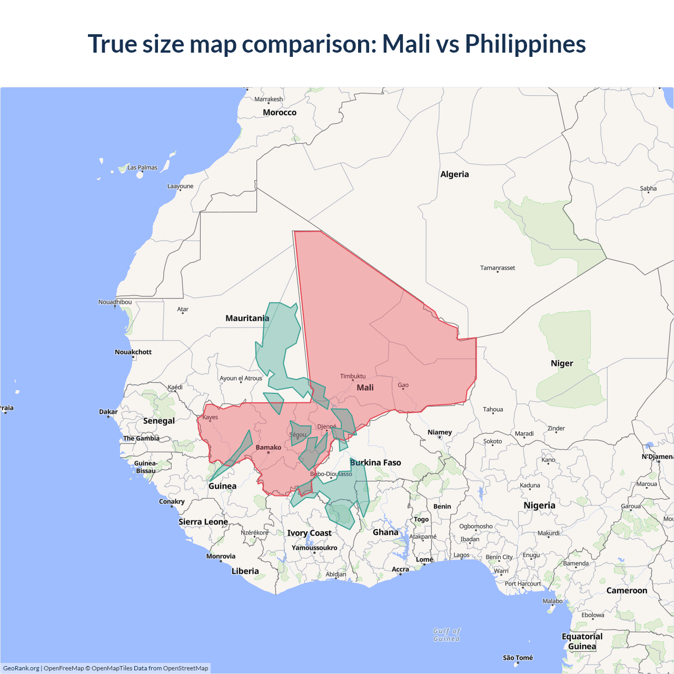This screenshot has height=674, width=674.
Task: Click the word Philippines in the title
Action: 525,44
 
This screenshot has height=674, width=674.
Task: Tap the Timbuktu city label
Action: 353,376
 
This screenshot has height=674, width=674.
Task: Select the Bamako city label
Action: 269,448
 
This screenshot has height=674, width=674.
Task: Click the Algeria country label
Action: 454,174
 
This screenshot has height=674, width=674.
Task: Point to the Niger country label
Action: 562,363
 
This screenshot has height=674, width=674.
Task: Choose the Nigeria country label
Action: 539,506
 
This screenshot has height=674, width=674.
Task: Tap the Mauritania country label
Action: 247,318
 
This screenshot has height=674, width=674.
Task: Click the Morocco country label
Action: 280,112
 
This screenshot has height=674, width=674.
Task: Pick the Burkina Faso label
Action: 375,462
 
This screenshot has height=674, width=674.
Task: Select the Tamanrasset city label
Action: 498,268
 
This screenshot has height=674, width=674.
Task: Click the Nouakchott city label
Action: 133,352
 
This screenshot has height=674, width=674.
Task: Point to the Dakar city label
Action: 108,412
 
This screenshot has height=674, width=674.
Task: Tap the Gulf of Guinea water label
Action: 447,635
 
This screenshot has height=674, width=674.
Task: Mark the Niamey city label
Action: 440,432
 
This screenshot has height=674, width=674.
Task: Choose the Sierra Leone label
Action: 203,522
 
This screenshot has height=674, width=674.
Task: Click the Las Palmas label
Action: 142,167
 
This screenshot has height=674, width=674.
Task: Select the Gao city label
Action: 403,385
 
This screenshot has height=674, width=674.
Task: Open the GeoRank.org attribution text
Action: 21,668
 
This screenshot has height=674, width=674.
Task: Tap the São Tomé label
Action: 518,658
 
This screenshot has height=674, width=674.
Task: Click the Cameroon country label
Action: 627,591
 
